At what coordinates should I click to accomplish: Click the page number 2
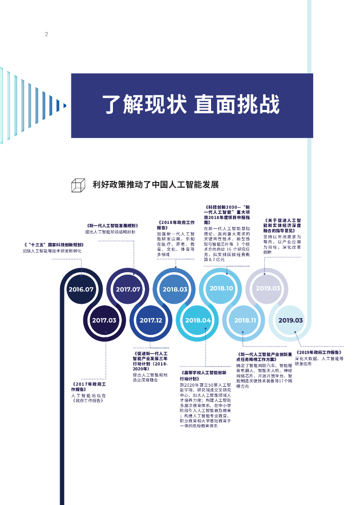[46, 34]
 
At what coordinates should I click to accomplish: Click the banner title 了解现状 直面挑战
[191, 105]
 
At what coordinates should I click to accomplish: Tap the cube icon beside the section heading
[77, 185]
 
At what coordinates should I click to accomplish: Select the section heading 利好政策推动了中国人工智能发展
[155, 185]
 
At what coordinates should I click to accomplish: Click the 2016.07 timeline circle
[81, 289]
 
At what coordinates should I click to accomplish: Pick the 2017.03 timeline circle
[104, 320]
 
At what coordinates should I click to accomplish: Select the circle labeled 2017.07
[128, 289]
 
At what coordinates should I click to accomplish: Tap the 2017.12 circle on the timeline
[151, 320]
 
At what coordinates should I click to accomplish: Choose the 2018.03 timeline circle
[175, 289]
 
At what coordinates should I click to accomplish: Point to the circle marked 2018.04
[198, 320]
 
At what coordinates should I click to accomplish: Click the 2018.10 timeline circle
[221, 288]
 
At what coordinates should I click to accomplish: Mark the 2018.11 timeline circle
[245, 320]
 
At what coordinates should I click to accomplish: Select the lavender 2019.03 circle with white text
[268, 288]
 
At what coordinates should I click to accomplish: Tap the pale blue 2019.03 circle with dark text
[291, 320]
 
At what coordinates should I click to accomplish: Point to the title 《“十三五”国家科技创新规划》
[54, 245]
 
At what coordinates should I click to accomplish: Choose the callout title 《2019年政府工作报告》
[319, 353]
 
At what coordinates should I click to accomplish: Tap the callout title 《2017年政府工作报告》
[89, 387]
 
